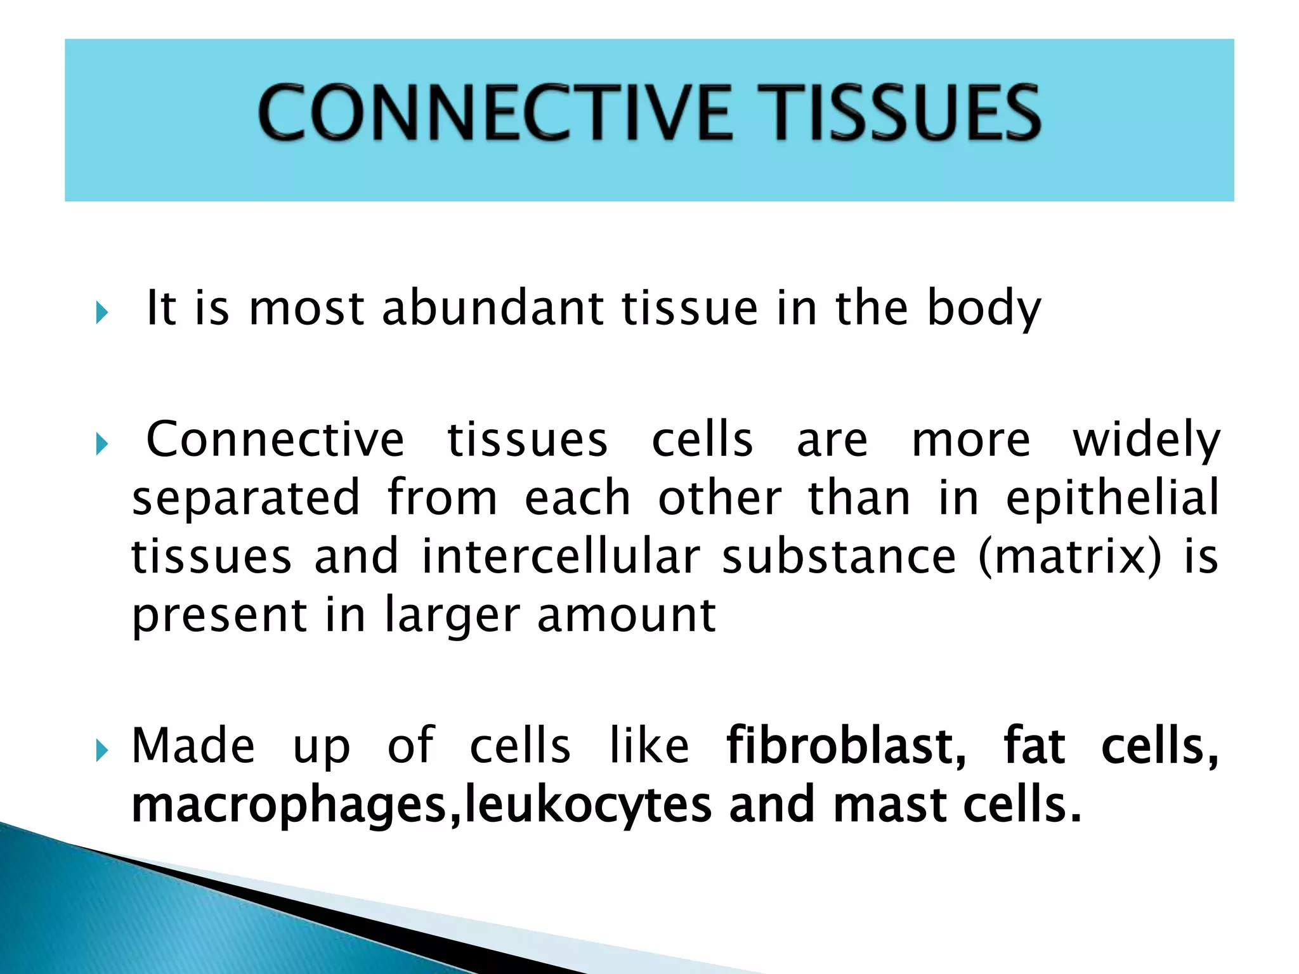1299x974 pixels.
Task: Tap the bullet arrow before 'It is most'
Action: [102, 312]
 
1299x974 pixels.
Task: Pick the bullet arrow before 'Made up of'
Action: [102, 751]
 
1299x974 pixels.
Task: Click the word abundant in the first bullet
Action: [492, 308]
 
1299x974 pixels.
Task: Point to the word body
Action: [983, 309]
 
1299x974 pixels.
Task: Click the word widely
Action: [1146, 441]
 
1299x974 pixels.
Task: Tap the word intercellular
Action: [561, 557]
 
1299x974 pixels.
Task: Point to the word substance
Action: [839, 557]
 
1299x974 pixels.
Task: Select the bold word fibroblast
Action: [845, 746]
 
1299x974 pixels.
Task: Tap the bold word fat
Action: [1034, 746]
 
